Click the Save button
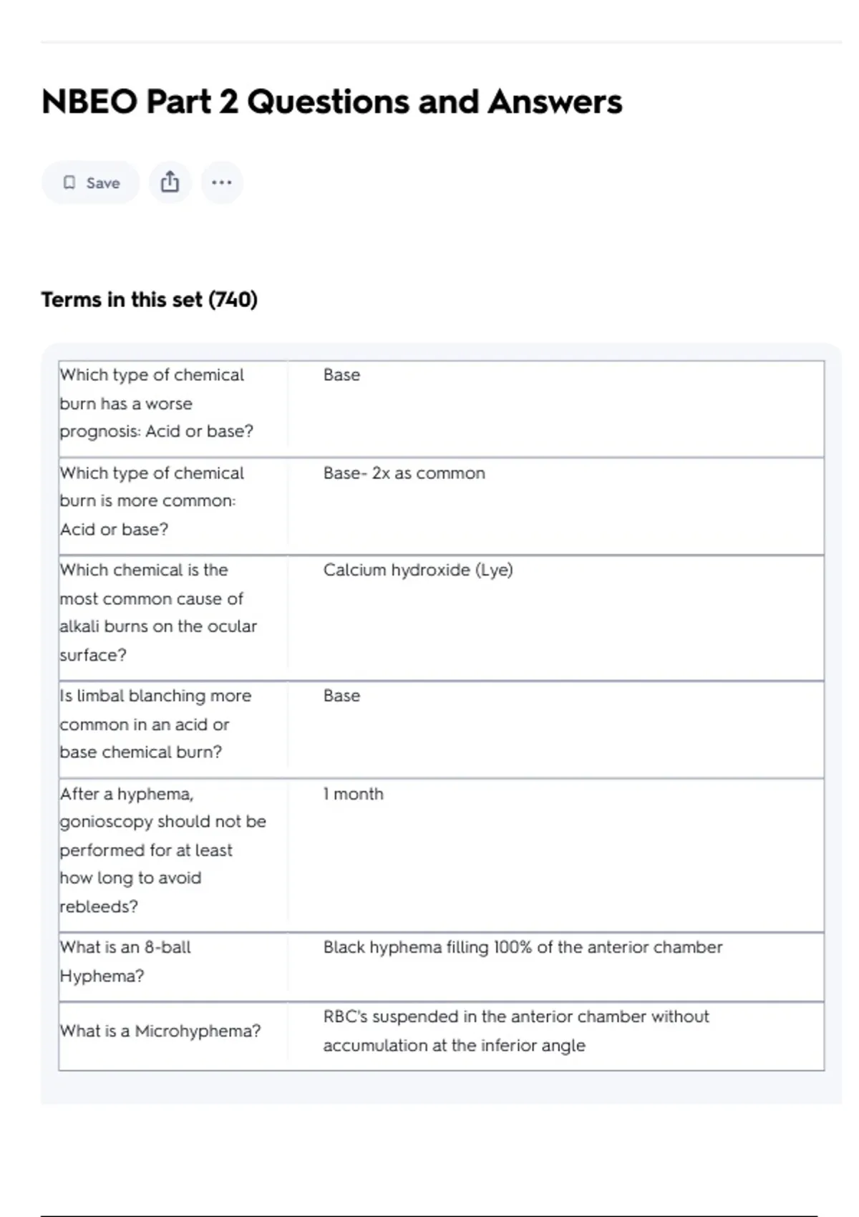(91, 183)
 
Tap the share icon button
(170, 183)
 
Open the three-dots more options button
(222, 183)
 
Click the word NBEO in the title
(89, 102)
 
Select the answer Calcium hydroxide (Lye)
(418, 570)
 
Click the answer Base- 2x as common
(404, 473)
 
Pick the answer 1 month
(353, 794)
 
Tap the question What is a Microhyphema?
(160, 1031)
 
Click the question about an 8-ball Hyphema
(125, 961)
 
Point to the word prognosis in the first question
(99, 432)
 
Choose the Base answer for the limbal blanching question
(341, 696)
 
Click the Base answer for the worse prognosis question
(341, 375)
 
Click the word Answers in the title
(555, 102)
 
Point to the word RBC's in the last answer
(345, 1017)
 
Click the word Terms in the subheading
(72, 299)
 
